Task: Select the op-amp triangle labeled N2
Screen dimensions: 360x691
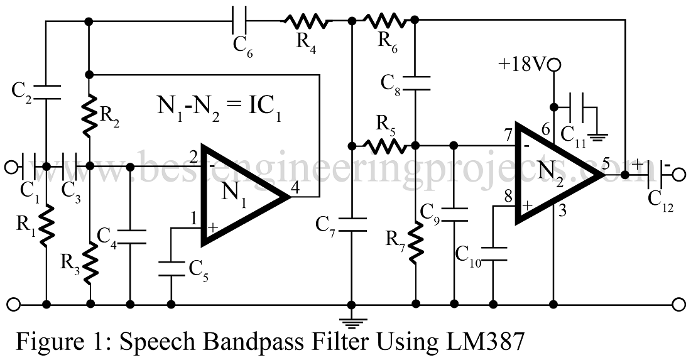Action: point(553,173)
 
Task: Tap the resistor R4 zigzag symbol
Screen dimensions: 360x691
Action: point(306,21)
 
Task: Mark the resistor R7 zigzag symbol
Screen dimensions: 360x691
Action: point(415,245)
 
